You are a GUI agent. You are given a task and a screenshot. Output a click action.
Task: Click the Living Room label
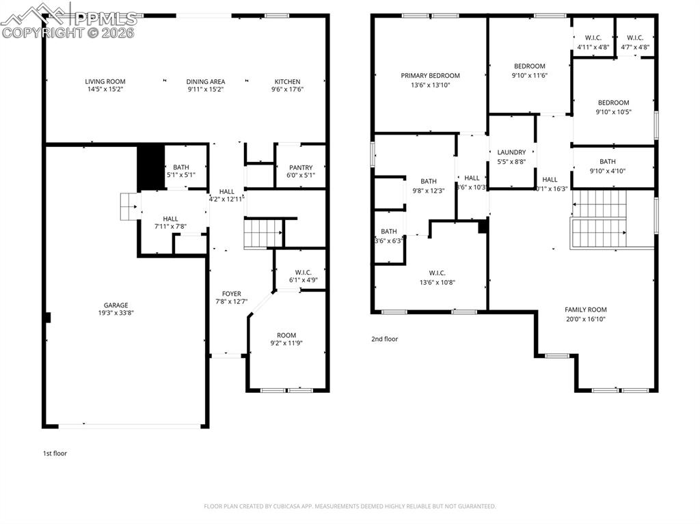(105, 81)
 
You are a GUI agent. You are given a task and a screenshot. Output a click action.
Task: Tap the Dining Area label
(206, 81)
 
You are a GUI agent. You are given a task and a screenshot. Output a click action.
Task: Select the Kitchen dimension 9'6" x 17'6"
(287, 89)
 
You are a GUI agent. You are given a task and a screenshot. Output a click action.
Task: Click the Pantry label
(301, 167)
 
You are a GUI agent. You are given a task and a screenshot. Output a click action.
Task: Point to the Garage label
(116, 305)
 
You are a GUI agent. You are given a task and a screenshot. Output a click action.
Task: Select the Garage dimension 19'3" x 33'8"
(116, 314)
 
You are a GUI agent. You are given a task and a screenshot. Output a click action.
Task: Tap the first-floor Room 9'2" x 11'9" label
(286, 335)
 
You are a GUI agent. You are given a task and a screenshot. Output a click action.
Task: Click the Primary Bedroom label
(430, 76)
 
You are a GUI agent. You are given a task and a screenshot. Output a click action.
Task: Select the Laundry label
(511, 152)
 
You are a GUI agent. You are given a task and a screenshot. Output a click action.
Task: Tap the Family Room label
(586, 309)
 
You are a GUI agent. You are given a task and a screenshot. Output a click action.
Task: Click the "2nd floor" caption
(384, 339)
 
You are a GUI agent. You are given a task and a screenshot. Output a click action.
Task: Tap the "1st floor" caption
(55, 453)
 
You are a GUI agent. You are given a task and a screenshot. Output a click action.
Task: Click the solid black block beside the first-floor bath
(151, 167)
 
